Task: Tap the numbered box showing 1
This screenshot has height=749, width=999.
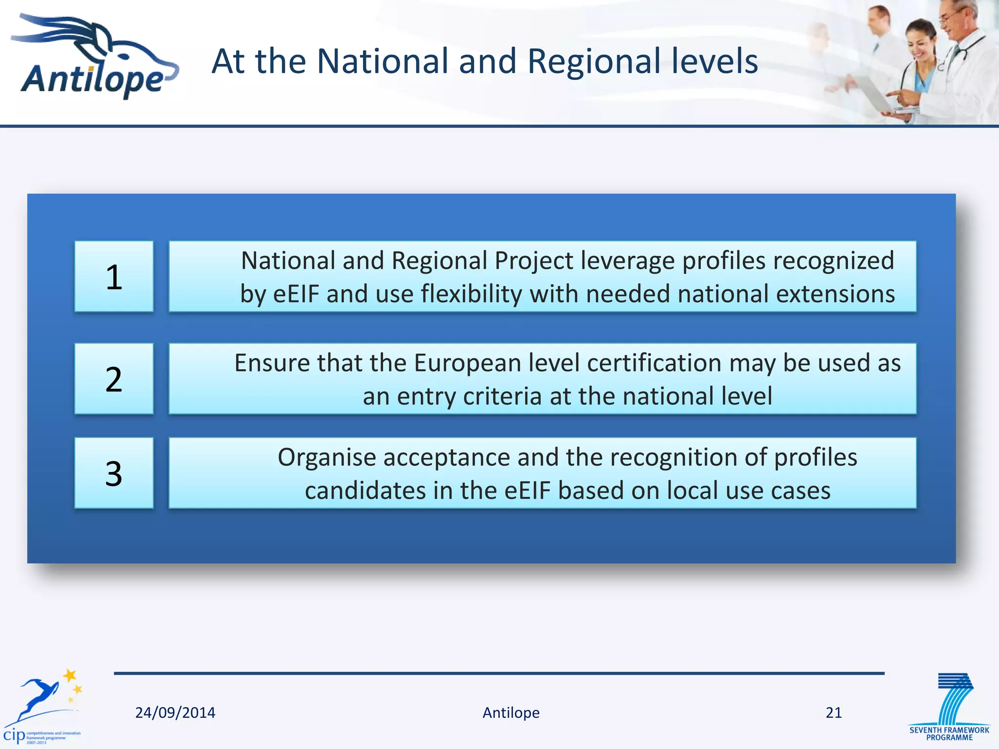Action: tap(114, 276)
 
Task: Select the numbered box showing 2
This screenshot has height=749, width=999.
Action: tap(114, 379)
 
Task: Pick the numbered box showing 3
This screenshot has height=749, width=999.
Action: tap(114, 473)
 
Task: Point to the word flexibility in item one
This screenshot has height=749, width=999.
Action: tap(471, 294)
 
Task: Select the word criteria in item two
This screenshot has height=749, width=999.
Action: tap(502, 396)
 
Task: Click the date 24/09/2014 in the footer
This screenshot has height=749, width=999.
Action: tap(175, 712)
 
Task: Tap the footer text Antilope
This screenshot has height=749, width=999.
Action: tap(511, 712)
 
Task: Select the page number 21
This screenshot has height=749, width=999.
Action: tap(834, 712)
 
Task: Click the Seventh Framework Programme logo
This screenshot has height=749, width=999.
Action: tap(949, 707)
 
